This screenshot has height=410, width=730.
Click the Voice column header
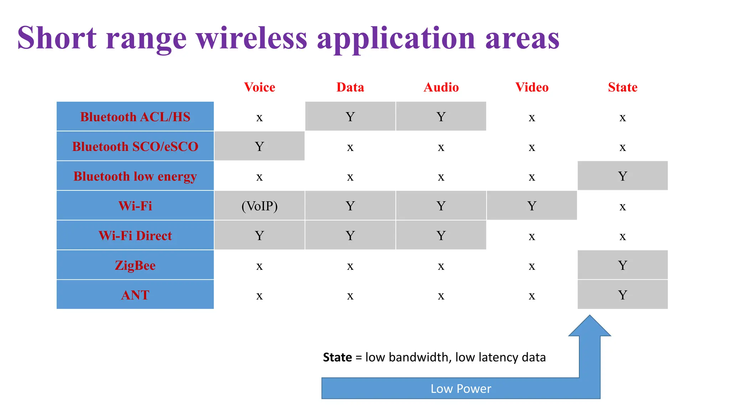pos(259,87)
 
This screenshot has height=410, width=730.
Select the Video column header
pos(532,87)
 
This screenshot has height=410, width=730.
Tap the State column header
pos(622,87)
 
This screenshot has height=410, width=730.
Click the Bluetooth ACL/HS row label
pos(135,117)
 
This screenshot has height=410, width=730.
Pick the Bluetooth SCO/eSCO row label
pos(135,146)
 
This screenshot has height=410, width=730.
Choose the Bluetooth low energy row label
pos(135,176)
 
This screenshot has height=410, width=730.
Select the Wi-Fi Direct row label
pos(135,236)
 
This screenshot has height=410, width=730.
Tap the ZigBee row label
pos(135,265)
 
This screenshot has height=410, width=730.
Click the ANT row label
pos(135,295)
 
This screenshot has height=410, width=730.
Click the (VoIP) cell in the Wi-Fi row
pos(259,206)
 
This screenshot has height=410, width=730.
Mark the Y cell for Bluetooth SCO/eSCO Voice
pos(259,146)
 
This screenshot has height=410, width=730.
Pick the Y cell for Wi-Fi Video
pos(532,206)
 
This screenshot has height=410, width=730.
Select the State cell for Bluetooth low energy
pos(622,176)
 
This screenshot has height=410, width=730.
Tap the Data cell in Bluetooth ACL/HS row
pos(350,117)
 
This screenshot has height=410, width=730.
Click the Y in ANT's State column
pos(622,295)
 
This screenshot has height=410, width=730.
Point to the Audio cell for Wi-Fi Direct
pos(441,236)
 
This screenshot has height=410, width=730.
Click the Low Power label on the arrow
pos(461,389)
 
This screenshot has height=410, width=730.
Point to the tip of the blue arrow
pos(590,316)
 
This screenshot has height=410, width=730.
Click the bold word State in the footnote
pos(337,357)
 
